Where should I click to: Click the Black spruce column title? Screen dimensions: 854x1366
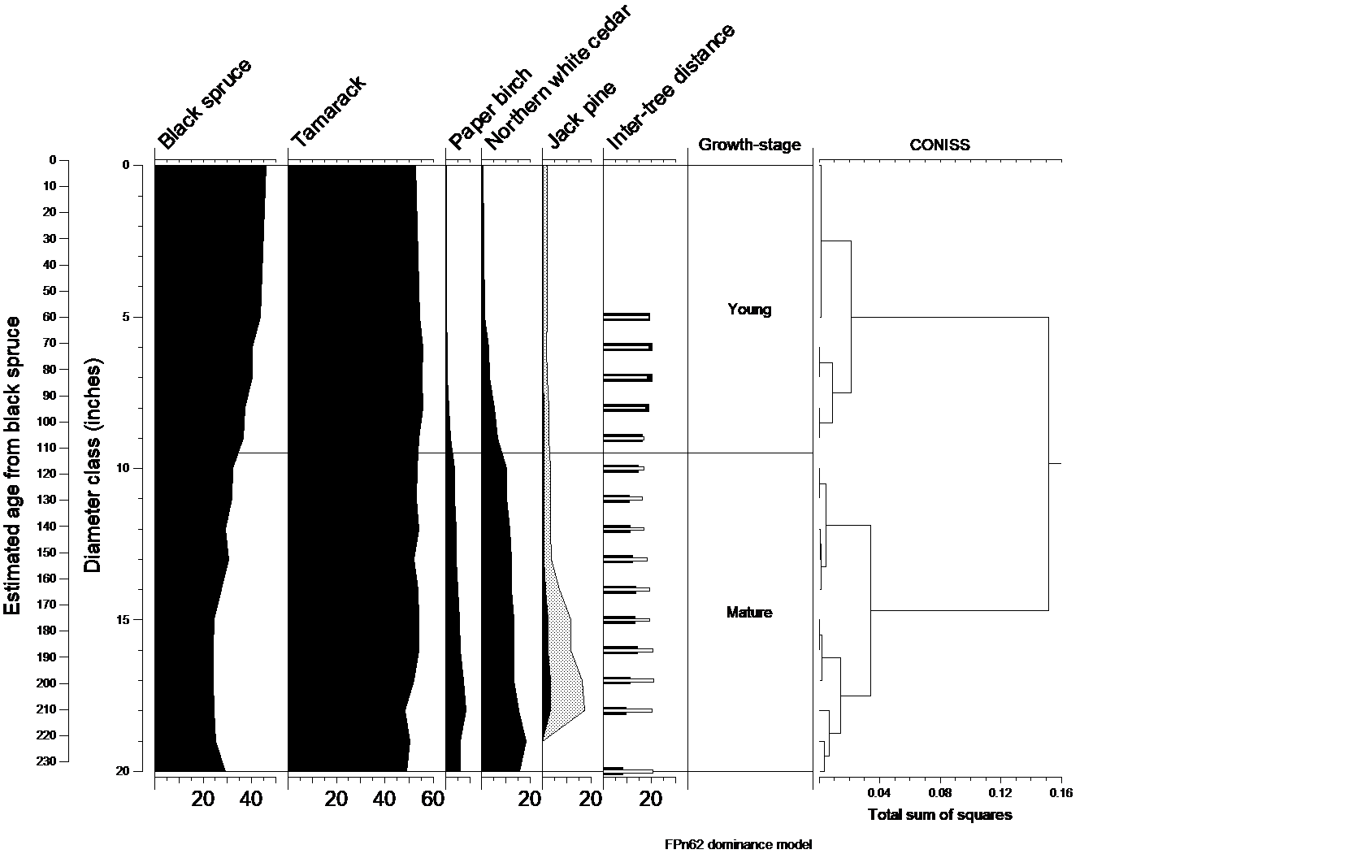pos(204,104)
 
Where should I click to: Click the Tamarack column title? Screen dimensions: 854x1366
pos(329,111)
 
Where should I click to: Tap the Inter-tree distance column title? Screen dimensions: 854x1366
pos(670,87)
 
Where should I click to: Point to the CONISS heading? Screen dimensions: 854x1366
pos(939,145)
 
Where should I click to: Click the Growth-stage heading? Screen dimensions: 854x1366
pos(749,145)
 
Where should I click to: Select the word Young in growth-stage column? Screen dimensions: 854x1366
pos(749,310)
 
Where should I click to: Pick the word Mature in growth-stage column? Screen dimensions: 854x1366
pos(749,613)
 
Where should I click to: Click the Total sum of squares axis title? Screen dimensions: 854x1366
pos(940,815)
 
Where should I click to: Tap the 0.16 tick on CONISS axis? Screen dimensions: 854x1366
pos(1060,793)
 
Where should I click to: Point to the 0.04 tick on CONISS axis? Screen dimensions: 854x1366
pos(880,793)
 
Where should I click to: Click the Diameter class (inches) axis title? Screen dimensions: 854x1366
pos(93,464)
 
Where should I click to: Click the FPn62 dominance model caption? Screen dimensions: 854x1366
pos(738,845)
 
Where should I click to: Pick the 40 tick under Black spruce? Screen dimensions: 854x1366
pos(252,800)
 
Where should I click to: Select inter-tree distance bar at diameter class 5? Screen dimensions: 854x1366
pos(627,316)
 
